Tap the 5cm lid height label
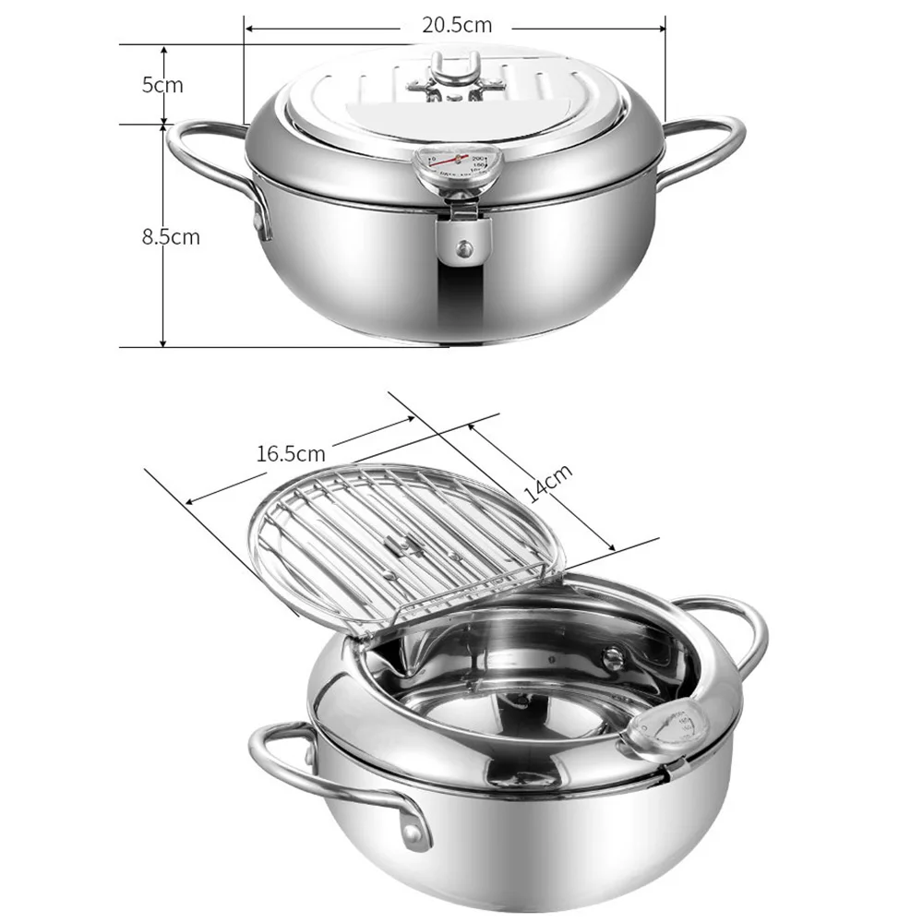pyautogui.click(x=162, y=85)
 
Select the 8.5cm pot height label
pyautogui.click(x=170, y=236)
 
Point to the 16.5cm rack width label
pyautogui.click(x=291, y=453)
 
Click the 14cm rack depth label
pyautogui.click(x=549, y=483)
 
